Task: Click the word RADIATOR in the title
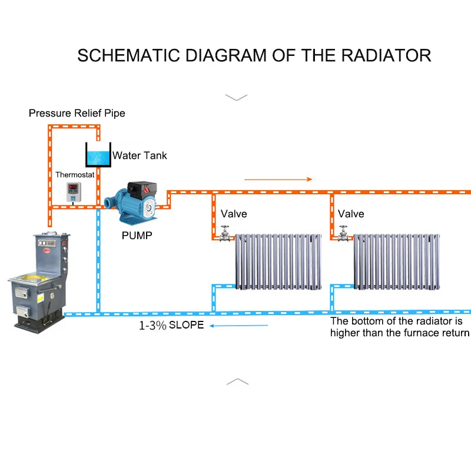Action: (386, 55)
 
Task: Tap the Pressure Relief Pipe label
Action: (77, 113)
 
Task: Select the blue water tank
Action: (98, 155)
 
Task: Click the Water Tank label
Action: (140, 155)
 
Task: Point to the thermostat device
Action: (74, 192)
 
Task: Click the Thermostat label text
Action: (75, 174)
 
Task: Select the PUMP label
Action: (137, 235)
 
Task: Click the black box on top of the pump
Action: (142, 188)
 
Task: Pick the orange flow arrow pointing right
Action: (278, 180)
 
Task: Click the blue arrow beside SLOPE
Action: (238, 326)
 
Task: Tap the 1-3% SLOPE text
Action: (171, 326)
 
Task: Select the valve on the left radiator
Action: (225, 234)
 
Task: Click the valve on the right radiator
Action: (343, 234)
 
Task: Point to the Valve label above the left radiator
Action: (234, 214)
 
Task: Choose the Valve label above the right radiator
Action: (351, 214)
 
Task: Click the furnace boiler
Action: (39, 283)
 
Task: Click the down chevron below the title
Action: (237, 98)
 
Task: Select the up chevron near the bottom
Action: (237, 382)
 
